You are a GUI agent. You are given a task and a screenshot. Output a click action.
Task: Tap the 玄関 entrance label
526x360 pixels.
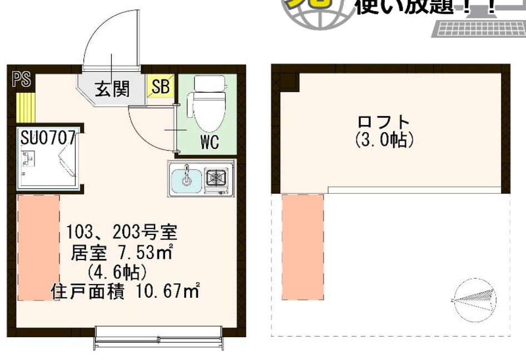(112, 88)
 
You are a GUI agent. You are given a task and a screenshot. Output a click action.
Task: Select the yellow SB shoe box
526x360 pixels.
(161, 88)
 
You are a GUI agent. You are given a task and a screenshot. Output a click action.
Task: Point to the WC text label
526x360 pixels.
(209, 143)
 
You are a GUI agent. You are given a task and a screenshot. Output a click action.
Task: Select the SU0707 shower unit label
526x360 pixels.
(47, 138)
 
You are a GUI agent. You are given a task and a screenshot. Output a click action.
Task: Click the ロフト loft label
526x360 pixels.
(384, 123)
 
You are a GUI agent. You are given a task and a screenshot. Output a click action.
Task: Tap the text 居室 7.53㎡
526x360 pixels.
(121, 254)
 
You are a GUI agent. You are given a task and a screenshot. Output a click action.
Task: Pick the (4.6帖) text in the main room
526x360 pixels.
(117, 272)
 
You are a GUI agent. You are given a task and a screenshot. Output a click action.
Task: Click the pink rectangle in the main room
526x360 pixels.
(38, 247)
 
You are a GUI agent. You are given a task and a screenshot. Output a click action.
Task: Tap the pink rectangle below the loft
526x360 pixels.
(303, 247)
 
